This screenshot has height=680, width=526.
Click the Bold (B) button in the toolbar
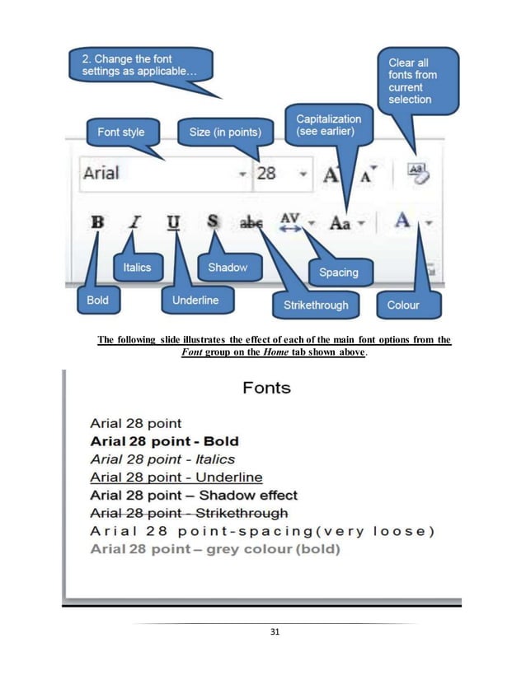point(97,222)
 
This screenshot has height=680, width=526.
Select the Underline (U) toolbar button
point(173,222)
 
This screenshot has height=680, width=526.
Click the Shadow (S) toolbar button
point(213,222)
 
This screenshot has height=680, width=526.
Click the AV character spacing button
point(290,222)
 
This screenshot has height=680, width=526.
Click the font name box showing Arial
point(157,174)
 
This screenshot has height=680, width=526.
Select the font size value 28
point(266,174)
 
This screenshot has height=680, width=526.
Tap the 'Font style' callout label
point(120,132)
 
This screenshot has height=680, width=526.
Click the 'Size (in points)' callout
point(224,132)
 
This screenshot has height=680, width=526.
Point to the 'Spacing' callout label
point(338,272)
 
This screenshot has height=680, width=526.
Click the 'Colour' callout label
point(403,305)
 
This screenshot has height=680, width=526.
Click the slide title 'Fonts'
point(265,387)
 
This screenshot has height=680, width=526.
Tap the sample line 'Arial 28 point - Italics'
point(162,459)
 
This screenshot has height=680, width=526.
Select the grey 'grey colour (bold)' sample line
point(214,548)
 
